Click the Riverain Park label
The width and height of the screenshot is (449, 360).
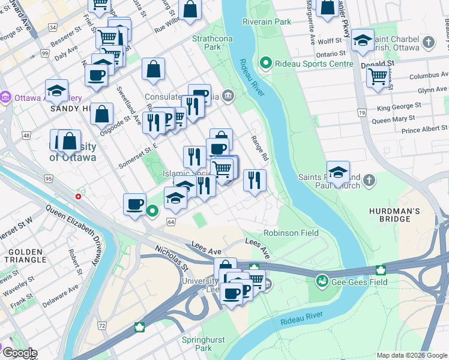coord(267,22)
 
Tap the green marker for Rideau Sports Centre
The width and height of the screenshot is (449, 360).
coord(265,63)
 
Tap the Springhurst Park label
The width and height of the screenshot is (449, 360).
coord(203,344)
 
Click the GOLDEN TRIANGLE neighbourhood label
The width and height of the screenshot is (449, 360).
coord(25,256)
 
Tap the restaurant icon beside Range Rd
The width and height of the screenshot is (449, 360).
coord(255,180)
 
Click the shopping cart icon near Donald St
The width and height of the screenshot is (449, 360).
coord(377,76)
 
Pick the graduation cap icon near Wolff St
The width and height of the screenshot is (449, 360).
coord(363,40)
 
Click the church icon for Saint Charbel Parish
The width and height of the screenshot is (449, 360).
coord(428,42)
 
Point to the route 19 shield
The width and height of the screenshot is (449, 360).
coord(361,112)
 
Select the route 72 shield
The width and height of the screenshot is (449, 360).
coord(102,325)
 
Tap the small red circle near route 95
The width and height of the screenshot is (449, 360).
coord(78,196)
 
